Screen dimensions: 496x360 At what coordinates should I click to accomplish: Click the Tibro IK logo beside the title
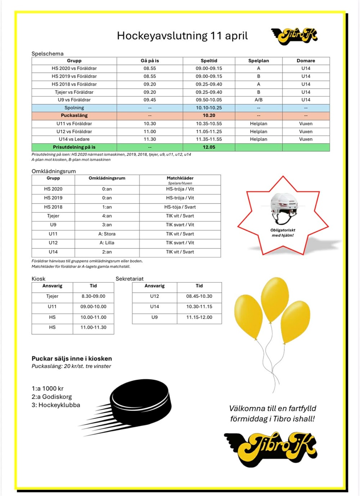294,36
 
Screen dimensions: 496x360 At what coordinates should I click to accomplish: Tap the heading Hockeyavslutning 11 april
182,36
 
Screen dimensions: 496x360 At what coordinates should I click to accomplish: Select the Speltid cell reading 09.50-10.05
209,100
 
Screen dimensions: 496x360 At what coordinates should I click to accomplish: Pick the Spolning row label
74,108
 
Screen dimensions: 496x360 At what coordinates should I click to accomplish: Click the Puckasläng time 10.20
209,116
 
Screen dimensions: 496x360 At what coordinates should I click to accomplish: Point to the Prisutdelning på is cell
74,147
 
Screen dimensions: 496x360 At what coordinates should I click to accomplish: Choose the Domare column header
306,61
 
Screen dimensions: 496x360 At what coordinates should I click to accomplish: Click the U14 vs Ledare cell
74,139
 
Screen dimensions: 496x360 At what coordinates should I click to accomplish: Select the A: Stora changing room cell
107,234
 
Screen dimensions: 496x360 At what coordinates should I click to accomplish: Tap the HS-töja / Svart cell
180,207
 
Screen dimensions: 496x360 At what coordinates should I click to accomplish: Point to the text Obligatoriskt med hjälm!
283,233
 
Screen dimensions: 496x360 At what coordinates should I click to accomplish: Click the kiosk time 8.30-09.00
93,296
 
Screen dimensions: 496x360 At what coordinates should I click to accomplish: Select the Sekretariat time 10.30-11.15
199,307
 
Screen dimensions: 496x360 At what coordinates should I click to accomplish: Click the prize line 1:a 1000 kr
48,388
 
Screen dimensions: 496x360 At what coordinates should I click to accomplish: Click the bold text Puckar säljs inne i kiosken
72,358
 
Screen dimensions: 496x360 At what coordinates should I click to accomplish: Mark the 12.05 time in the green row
209,147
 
